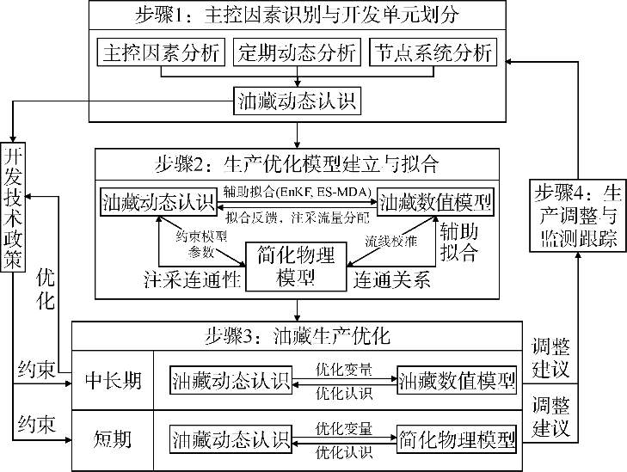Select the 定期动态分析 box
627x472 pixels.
(x=296, y=53)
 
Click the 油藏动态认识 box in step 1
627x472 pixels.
(x=297, y=102)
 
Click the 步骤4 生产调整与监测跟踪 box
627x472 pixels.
(x=575, y=216)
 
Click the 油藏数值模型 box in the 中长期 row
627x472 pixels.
(x=456, y=380)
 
